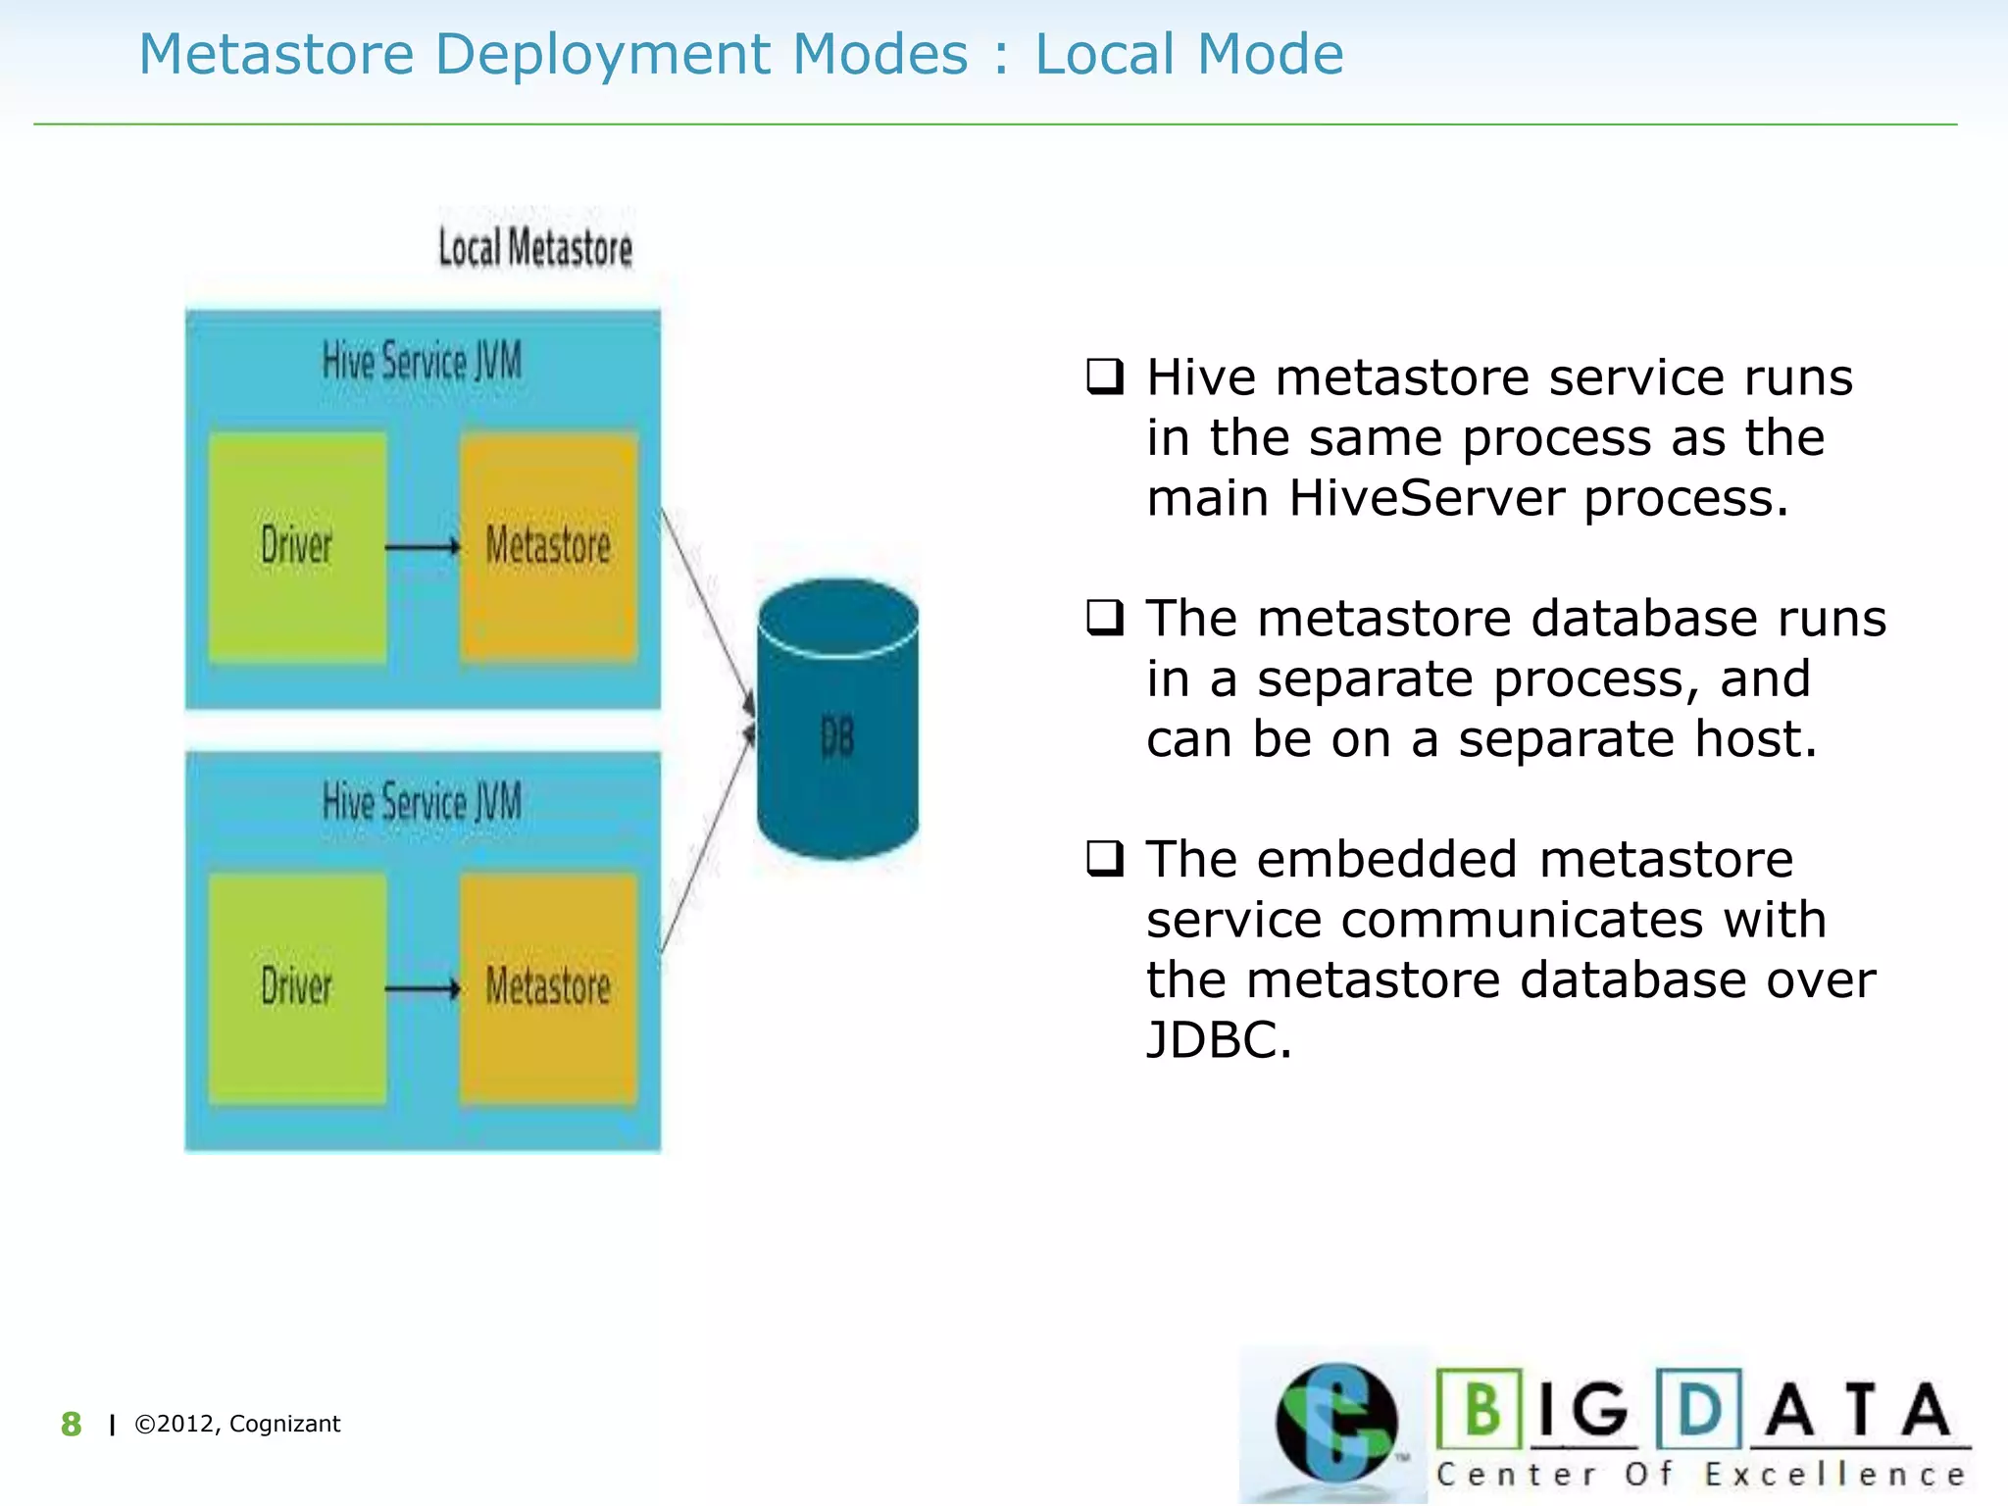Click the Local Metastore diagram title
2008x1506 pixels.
pyautogui.click(x=535, y=248)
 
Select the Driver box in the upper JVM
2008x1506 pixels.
pyautogui.click(x=297, y=546)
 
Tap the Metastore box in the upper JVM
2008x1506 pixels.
pyautogui.click(x=548, y=546)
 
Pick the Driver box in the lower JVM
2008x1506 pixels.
pyautogui.click(x=297, y=987)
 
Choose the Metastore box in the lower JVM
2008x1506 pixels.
pyautogui.click(x=548, y=987)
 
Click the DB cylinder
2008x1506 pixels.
pyautogui.click(x=837, y=726)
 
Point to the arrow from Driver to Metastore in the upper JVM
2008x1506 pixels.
pyautogui.click(x=422, y=546)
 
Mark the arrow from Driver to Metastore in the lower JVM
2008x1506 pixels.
pyautogui.click(x=422, y=987)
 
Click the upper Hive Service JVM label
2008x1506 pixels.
pyautogui.click(x=422, y=362)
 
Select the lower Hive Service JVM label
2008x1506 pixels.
pyautogui.click(x=422, y=803)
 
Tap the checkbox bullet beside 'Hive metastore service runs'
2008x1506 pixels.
pyautogui.click(x=1105, y=376)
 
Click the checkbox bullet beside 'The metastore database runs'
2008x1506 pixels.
pyautogui.click(x=1105, y=618)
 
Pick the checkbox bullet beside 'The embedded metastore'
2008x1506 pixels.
pyautogui.click(x=1105, y=859)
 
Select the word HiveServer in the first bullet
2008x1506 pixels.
pyautogui.click(x=1426, y=498)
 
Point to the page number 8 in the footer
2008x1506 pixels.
pyautogui.click(x=71, y=1424)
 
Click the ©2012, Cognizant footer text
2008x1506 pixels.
pyautogui.click(x=237, y=1424)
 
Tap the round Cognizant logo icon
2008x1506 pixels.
pyautogui.click(x=1335, y=1423)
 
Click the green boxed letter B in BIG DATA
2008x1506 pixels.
pyautogui.click(x=1481, y=1410)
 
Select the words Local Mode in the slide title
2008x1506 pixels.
pyautogui.click(x=1189, y=54)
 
